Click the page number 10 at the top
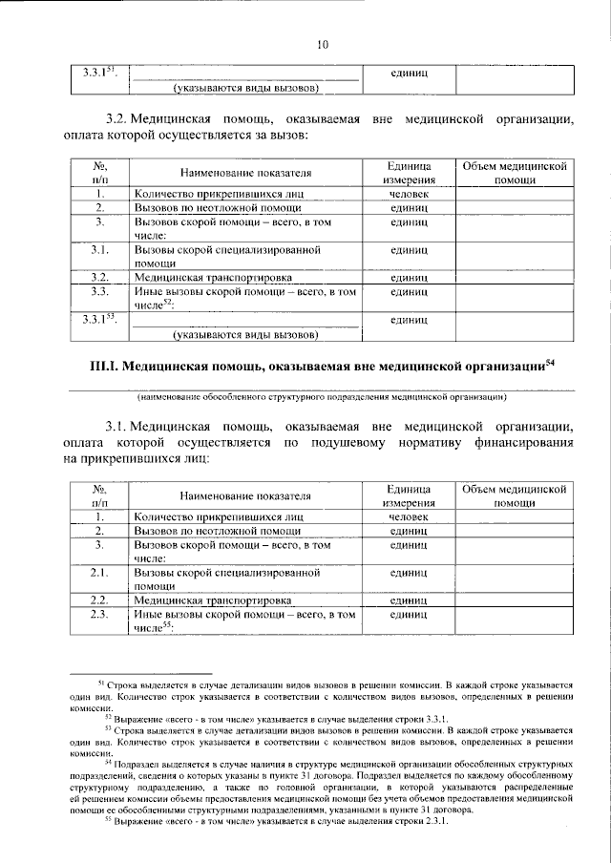[x=322, y=44]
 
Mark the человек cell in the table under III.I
[x=408, y=516]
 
